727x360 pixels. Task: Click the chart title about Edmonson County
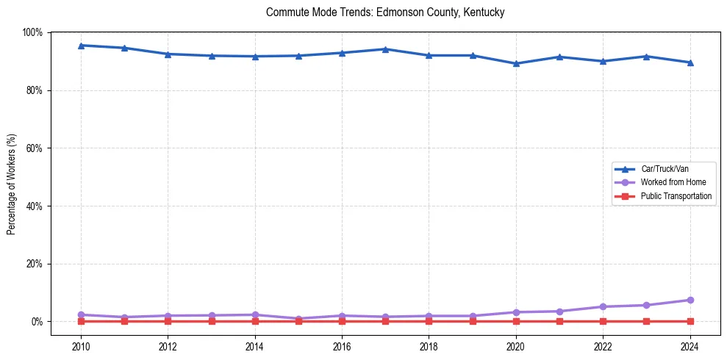point(385,12)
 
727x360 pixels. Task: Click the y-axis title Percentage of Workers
point(12,184)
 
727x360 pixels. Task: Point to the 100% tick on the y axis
point(33,32)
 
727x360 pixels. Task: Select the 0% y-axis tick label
point(37,322)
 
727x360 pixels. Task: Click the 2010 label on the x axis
point(81,346)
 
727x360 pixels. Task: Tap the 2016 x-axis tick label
point(342,346)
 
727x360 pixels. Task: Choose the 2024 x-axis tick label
point(690,346)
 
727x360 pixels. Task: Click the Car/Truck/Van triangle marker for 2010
point(81,46)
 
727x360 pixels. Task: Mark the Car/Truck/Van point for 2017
point(385,49)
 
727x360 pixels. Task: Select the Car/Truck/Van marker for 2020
point(516,63)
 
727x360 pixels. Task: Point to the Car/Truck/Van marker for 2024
point(690,62)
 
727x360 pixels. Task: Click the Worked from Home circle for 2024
point(690,300)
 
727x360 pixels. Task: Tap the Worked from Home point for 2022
point(603,306)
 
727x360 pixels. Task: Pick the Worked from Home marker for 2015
point(298,319)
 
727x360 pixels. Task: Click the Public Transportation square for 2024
point(690,321)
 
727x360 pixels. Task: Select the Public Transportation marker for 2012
point(168,321)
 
